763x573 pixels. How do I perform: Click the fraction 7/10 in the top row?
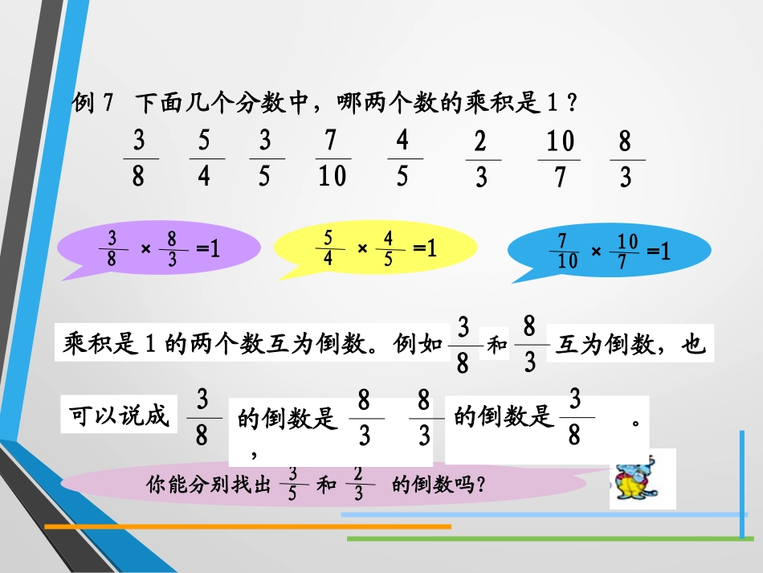tap(332, 159)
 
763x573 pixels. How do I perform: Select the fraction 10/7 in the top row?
tap(560, 159)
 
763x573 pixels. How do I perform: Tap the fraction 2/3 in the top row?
tap(481, 159)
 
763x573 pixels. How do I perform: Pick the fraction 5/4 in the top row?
tap(204, 159)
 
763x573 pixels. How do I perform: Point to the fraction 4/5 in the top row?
tap(402, 158)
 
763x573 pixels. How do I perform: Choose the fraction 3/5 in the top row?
tap(265, 159)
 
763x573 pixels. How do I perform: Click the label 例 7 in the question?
tap(95, 103)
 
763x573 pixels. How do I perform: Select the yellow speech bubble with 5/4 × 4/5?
tap(374, 250)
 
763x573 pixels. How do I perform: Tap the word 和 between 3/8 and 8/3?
tap(498, 346)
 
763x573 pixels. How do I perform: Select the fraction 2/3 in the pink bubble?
tap(358, 484)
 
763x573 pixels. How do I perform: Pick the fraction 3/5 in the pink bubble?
tap(292, 483)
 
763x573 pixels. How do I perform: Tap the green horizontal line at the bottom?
tap(546, 538)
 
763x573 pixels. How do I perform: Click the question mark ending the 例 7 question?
tap(572, 103)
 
